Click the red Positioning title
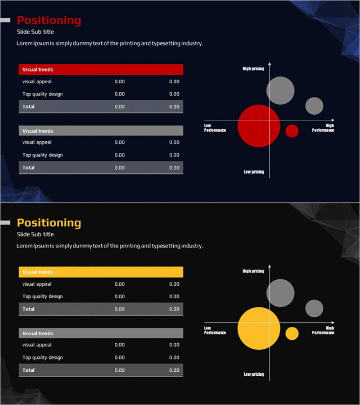point(49,20)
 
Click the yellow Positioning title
point(49,223)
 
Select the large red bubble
point(259,126)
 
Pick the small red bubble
point(292,131)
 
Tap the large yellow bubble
point(259,328)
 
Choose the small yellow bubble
point(292,333)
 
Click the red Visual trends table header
point(101,70)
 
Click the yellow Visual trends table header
point(101,272)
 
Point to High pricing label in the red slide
point(253,69)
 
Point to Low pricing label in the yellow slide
point(254,374)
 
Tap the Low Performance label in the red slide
point(215,128)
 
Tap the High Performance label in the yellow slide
point(323,330)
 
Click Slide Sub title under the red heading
point(35,32)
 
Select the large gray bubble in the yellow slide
point(280,293)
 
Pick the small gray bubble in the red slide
point(314,106)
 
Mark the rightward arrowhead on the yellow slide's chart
point(333,323)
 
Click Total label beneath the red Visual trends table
point(28,107)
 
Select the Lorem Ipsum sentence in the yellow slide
point(110,246)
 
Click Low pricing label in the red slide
point(254,172)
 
